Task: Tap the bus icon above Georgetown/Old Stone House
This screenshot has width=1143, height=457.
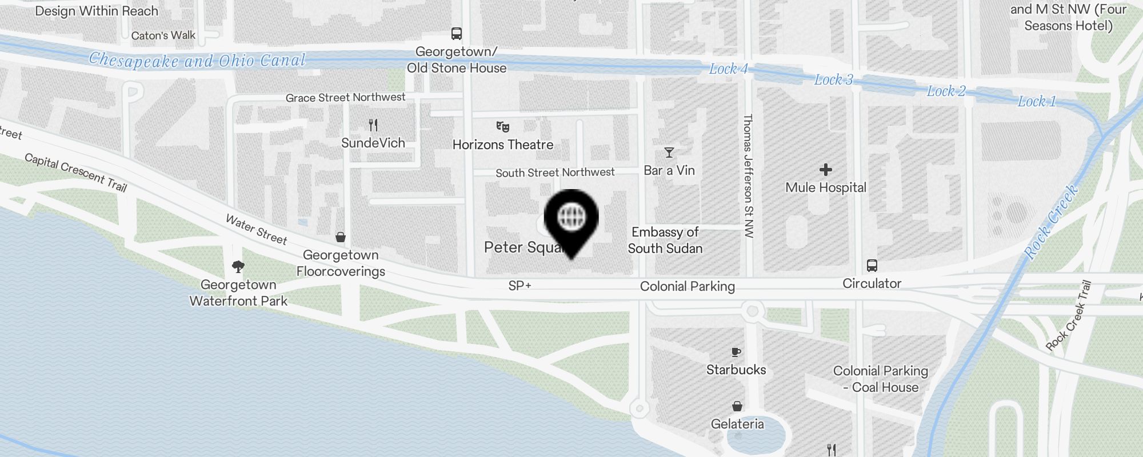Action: [x=456, y=34]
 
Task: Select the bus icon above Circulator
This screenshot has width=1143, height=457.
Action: [x=872, y=266]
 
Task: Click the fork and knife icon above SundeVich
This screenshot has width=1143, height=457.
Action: [x=373, y=125]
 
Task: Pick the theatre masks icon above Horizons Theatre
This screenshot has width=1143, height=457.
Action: [x=503, y=127]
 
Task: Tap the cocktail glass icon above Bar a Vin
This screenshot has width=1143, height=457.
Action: [x=669, y=153]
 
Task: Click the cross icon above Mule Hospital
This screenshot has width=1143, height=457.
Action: [x=825, y=170]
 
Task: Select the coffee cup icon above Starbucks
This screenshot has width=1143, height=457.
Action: [x=736, y=352]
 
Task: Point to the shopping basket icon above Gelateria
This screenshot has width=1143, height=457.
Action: [x=737, y=406]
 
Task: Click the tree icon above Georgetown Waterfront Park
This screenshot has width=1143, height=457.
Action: [x=238, y=267]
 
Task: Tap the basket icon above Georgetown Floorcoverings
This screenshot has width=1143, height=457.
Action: [x=341, y=237]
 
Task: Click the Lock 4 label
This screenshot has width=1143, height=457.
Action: [x=728, y=69]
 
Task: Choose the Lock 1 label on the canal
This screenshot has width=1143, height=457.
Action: [x=1037, y=102]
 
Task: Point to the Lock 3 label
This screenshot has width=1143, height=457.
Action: [x=833, y=80]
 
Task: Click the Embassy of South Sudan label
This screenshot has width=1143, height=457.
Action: [x=665, y=240]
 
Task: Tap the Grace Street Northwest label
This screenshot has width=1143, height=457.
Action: [x=345, y=98]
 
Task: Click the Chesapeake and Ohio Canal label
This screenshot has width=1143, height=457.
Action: [x=197, y=60]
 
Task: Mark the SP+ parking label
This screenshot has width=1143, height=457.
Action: [x=519, y=286]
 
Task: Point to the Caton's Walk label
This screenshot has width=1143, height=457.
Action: [x=163, y=35]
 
